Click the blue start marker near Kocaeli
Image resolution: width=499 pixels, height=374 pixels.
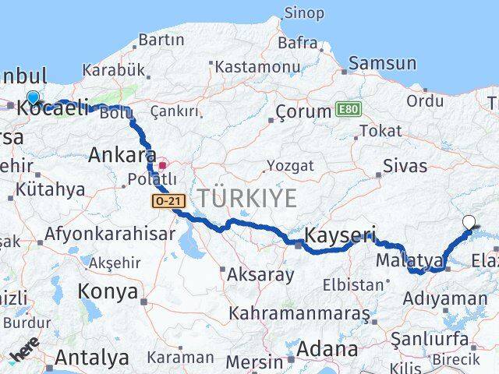33,98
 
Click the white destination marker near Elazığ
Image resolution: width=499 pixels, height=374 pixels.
468,222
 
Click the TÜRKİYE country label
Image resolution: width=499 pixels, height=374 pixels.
246,198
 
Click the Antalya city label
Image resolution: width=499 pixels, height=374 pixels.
91,358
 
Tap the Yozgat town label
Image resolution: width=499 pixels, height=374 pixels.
290,165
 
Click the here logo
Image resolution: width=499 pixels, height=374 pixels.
23,352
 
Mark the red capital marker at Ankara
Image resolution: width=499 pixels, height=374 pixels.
163,165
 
